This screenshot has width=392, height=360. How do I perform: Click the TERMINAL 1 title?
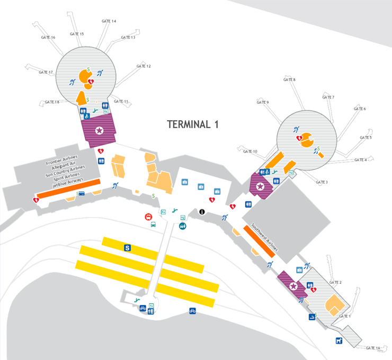(x=193, y=124)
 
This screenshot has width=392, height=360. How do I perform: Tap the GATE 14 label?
(x=109, y=21)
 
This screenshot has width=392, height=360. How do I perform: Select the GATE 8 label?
(x=289, y=80)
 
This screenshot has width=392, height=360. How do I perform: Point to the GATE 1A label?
(x=373, y=348)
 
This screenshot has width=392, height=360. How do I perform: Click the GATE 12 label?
(x=144, y=66)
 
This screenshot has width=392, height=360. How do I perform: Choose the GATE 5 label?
(x=366, y=138)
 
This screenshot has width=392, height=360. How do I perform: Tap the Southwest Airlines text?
(x=264, y=237)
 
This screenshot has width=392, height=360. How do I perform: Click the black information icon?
(x=202, y=212)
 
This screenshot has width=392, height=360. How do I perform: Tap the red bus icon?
(x=149, y=217)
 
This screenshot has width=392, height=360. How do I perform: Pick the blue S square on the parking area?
(x=127, y=247)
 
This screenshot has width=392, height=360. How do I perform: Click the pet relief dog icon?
(x=338, y=340)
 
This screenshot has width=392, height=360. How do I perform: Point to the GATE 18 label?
(x=52, y=102)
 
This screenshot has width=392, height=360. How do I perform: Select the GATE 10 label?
(x=250, y=151)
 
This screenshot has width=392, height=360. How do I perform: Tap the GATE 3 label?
(x=322, y=182)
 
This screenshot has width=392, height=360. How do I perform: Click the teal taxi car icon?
(x=183, y=226)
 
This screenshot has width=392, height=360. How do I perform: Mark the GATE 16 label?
(x=48, y=38)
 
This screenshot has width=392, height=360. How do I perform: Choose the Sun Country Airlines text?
(x=65, y=169)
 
